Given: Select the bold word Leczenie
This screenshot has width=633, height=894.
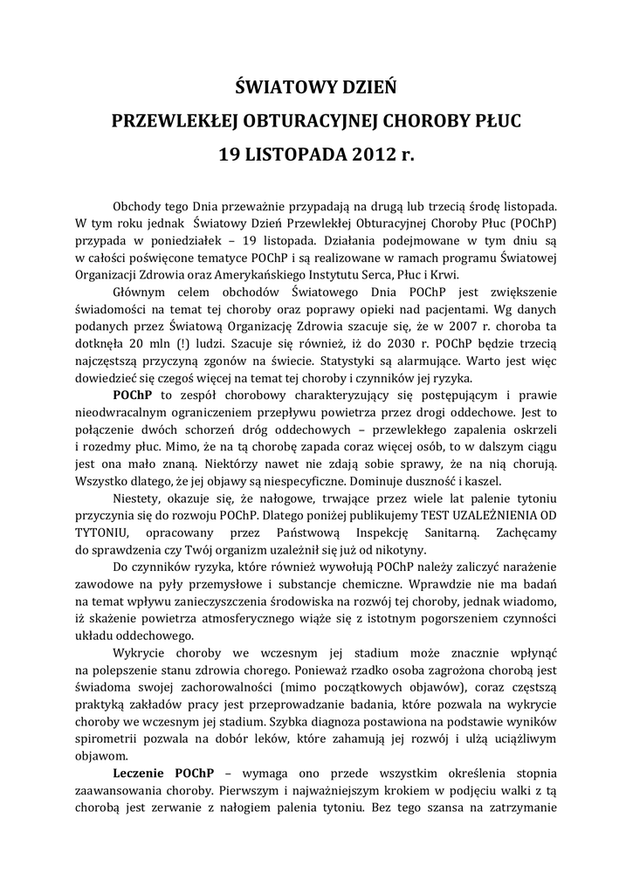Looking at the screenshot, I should click(141, 773).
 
